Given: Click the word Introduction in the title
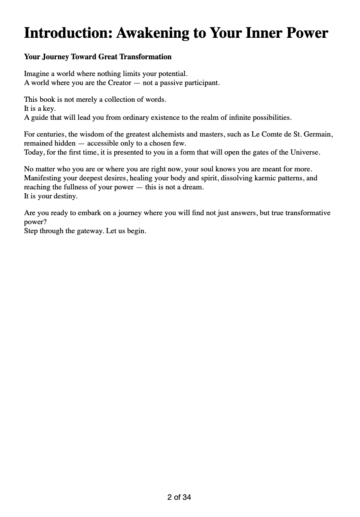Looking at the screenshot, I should (67, 33).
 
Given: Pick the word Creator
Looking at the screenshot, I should (119, 83).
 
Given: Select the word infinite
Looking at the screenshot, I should (230, 118).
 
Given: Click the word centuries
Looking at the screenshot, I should (49, 134).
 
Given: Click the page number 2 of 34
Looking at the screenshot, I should (179, 498).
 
